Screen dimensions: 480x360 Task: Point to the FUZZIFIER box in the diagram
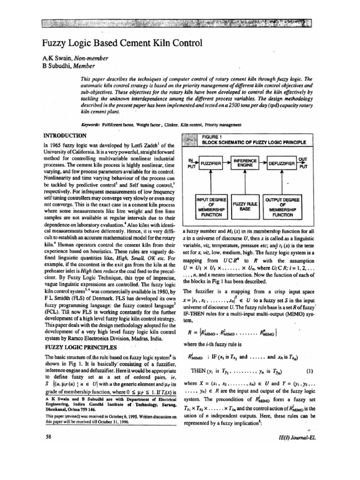[x=214, y=164]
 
